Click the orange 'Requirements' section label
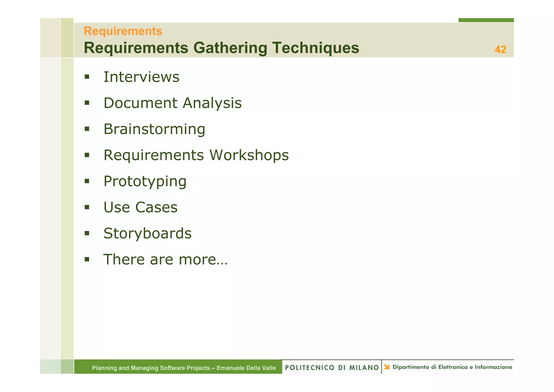123,31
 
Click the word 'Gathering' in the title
230,48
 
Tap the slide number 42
500,50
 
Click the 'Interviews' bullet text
141,77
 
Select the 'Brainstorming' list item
154,129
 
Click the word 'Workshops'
249,155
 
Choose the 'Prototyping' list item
145,181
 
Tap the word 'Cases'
156,207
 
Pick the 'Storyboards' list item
147,233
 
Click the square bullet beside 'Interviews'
87,77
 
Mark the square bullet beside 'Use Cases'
87,207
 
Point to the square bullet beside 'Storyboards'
87,233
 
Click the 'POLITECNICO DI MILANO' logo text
332,367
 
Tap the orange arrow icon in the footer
387,367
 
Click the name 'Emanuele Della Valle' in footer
246,368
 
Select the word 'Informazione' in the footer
493,367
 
